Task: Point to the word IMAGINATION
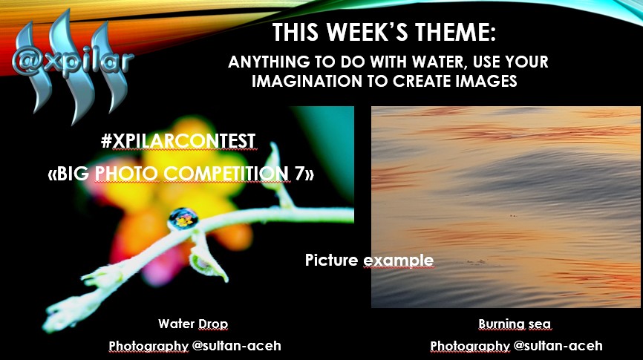click(x=307, y=81)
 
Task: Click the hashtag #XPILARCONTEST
click(x=178, y=142)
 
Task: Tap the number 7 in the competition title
click(x=299, y=174)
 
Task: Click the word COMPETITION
click(x=226, y=174)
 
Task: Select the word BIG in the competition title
click(x=73, y=174)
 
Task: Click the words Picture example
click(x=369, y=260)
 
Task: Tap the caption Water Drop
click(x=193, y=324)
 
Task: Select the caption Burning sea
click(x=515, y=324)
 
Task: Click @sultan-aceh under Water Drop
click(x=237, y=346)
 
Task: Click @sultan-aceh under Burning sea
click(x=558, y=346)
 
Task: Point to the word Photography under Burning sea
click(x=470, y=347)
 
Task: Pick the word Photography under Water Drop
click(x=148, y=347)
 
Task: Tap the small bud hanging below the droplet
click(x=208, y=264)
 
